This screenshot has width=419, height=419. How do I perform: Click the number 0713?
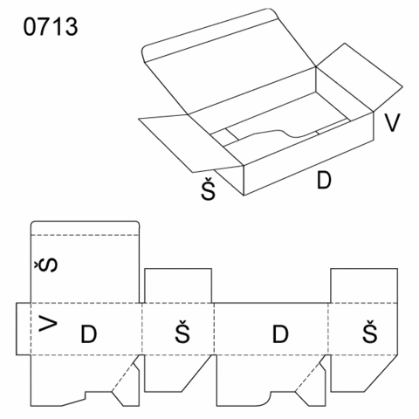[51, 27]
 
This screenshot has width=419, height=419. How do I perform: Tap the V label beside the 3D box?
[392, 122]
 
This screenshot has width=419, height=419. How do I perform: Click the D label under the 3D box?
[324, 180]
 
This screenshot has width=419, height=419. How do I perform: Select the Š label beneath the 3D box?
[209, 189]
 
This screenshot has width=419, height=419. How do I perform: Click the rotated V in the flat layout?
[48, 325]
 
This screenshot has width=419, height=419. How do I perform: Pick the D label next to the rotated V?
[88, 333]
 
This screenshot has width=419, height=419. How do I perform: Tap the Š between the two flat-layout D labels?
[182, 332]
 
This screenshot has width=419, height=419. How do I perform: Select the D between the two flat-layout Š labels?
[280, 333]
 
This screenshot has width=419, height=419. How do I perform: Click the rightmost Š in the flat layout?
[370, 332]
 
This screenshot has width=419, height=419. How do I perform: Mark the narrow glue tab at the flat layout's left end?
[24, 329]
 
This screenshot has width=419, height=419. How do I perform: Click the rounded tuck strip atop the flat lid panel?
[85, 228]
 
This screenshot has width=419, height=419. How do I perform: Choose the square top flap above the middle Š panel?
[178, 285]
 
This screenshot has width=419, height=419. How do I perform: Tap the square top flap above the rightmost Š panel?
[364, 285]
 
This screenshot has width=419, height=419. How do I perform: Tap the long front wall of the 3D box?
[308, 154]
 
